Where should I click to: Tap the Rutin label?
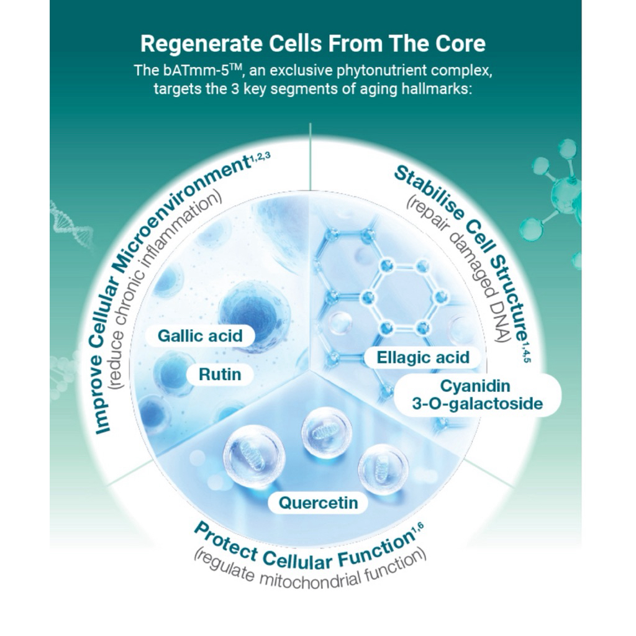[x=220, y=375]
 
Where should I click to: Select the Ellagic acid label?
[x=424, y=357]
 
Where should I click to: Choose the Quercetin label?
[x=318, y=502]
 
